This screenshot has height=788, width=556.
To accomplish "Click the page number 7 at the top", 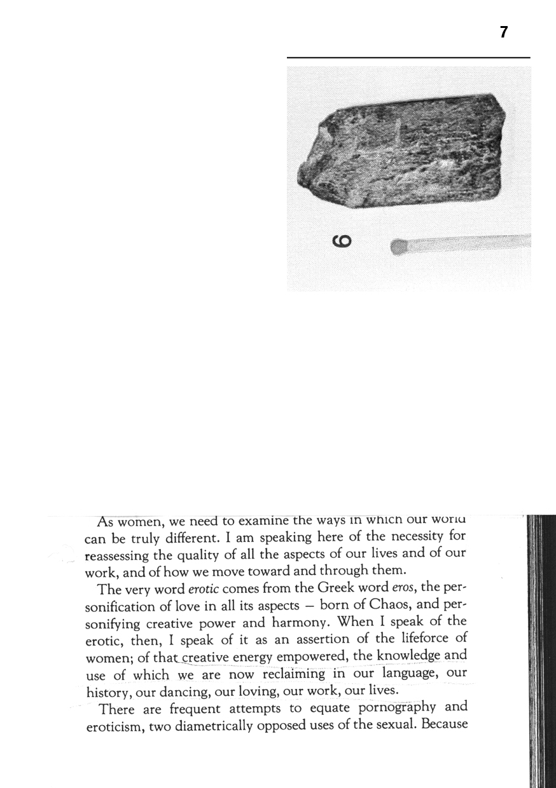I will (503, 33).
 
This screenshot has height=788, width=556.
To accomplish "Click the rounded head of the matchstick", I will (398, 247).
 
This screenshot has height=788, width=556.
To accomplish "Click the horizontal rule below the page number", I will (408, 58).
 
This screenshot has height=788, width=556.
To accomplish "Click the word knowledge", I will (408, 655).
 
